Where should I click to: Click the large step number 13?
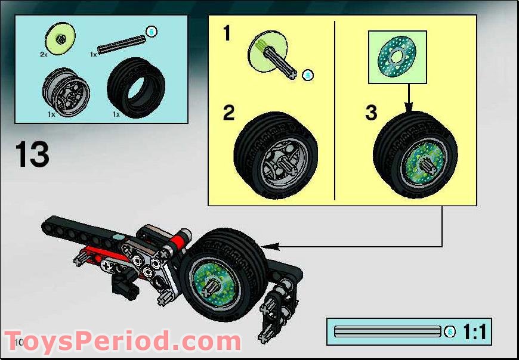[32, 154]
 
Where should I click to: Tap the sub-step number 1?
[226, 34]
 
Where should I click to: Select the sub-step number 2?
[228, 113]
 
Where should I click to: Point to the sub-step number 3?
[371, 113]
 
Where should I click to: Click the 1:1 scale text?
[474, 331]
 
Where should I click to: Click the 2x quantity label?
[44, 54]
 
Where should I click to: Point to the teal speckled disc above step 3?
[397, 57]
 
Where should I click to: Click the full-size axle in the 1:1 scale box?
[388, 331]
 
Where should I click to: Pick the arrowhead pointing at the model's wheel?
[265, 246]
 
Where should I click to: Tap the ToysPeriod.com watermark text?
[122, 342]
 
